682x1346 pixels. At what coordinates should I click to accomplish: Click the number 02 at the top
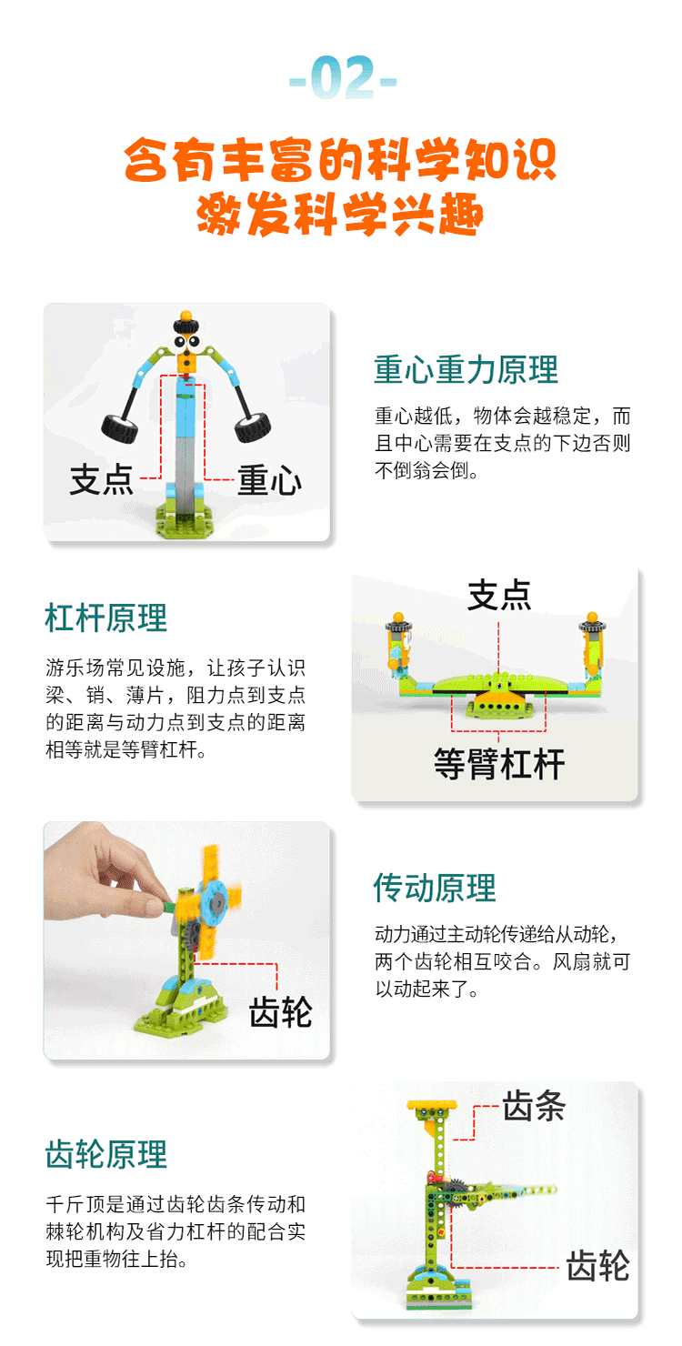344,77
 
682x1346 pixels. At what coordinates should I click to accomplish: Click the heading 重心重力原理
466,369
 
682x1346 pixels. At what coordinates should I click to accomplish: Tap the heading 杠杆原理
105,618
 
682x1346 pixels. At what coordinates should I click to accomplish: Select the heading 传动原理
435,888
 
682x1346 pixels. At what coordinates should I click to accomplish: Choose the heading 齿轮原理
105,1154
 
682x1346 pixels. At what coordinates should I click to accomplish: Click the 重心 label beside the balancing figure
269,480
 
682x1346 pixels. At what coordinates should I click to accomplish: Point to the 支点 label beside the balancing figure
102,479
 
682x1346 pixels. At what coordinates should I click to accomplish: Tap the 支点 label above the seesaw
499,595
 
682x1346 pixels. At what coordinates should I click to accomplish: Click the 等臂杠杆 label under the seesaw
499,764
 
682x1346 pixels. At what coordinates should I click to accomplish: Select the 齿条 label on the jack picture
534,1106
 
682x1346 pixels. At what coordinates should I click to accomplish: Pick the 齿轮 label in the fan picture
281,1012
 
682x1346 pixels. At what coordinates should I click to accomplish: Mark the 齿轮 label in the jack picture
598,1265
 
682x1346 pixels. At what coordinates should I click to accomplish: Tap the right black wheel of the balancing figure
253,427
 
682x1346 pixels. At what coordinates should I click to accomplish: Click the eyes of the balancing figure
186,343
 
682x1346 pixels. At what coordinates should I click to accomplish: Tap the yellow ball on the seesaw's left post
398,618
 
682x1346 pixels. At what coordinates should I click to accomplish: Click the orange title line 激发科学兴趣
340,214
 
